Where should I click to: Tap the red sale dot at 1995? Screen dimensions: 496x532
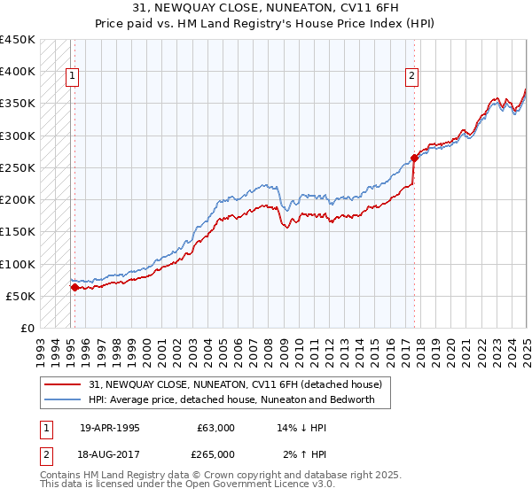[x=74, y=287]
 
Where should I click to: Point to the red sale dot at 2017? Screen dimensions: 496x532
[x=414, y=159]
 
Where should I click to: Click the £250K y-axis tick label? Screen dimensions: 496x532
[x=18, y=167]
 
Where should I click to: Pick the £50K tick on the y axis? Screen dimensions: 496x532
[x=21, y=296]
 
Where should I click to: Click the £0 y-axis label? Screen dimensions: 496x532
[x=28, y=329]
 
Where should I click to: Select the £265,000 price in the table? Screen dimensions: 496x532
[x=216, y=453]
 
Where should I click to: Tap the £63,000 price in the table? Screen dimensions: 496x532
[x=216, y=428]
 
